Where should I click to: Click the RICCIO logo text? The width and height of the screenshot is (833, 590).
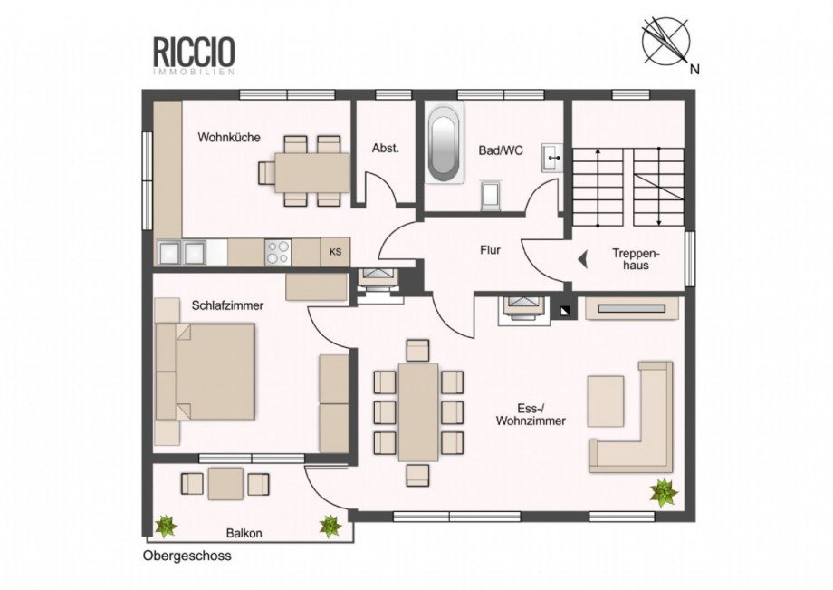(x=194, y=51)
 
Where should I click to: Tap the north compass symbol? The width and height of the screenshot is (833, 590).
(x=666, y=41)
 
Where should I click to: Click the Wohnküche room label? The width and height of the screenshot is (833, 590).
(x=229, y=137)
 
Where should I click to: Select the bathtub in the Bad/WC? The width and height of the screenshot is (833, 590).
(x=444, y=143)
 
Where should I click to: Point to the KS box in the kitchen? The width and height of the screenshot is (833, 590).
(x=336, y=252)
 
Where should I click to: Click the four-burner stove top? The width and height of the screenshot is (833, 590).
(x=278, y=253)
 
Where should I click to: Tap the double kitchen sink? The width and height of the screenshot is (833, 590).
(x=182, y=252)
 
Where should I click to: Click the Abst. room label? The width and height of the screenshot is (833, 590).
(x=385, y=149)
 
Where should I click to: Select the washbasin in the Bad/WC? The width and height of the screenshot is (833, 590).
(x=552, y=158)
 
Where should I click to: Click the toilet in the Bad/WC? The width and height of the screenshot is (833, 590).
(x=491, y=195)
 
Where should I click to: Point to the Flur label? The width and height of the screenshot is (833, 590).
(x=490, y=250)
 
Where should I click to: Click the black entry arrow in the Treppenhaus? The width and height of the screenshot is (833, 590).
(x=583, y=259)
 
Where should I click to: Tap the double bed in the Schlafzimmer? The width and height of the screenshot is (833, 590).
(x=205, y=371)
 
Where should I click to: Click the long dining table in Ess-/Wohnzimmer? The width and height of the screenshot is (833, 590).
(x=418, y=412)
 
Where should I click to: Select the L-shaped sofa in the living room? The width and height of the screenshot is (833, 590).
(x=631, y=417)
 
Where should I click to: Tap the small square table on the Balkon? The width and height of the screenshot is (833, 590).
(x=225, y=484)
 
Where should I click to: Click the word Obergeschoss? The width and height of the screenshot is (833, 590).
(x=187, y=556)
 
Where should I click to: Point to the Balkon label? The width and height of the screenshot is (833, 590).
(x=244, y=533)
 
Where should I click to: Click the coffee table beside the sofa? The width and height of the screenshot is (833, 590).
(x=605, y=401)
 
